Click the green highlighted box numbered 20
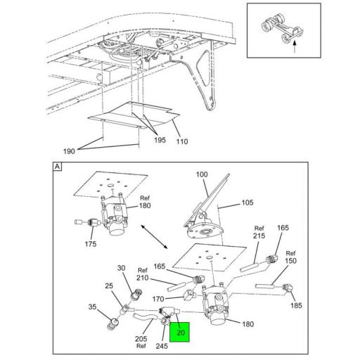click(x=179, y=332)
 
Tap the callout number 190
click(x=69, y=151)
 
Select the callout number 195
click(x=160, y=140)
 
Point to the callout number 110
click(x=182, y=141)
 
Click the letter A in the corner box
click(x=58, y=167)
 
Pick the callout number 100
click(x=202, y=174)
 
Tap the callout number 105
click(x=247, y=202)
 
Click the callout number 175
click(x=91, y=244)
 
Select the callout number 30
click(x=121, y=268)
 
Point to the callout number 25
click(x=109, y=285)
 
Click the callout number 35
click(x=92, y=307)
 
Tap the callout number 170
click(x=158, y=299)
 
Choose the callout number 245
click(x=162, y=346)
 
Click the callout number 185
click(x=296, y=305)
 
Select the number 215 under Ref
click(x=259, y=236)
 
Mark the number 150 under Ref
click(x=290, y=261)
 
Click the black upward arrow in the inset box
click(x=295, y=47)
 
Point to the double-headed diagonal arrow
click(x=154, y=237)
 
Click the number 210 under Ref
click(x=143, y=278)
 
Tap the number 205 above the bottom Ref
click(x=141, y=339)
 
